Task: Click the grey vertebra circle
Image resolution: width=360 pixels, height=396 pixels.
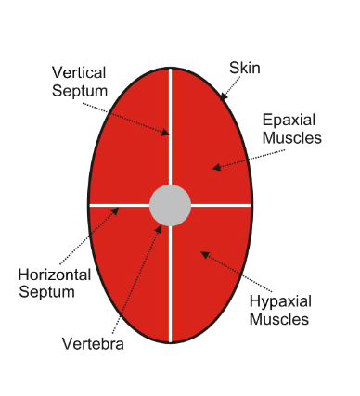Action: (x=171, y=204)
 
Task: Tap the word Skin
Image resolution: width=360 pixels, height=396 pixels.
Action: (x=245, y=67)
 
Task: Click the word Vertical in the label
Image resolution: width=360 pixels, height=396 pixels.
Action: (x=79, y=72)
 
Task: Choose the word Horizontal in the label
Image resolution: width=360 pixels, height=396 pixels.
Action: (x=55, y=275)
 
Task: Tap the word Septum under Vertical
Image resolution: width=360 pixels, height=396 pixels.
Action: (x=79, y=90)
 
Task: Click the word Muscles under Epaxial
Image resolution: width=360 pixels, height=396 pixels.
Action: (x=292, y=138)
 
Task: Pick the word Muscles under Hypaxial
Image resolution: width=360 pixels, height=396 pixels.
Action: (x=281, y=321)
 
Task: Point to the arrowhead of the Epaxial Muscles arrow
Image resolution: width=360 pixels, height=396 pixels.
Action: (x=214, y=167)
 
